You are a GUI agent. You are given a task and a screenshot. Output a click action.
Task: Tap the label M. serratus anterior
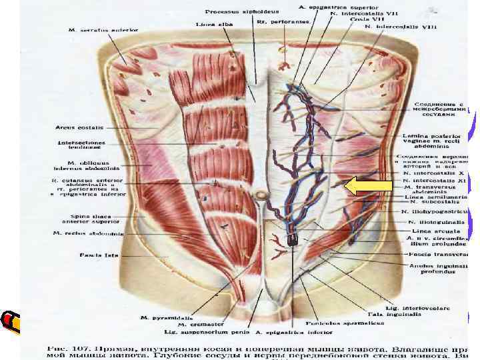(103, 30)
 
